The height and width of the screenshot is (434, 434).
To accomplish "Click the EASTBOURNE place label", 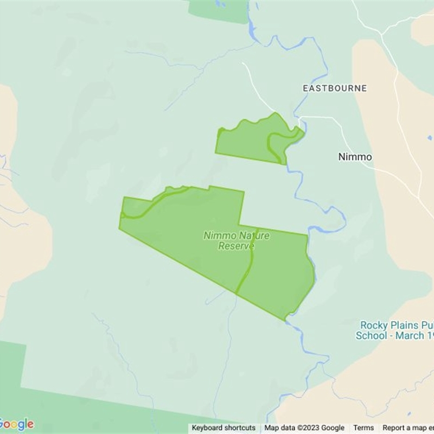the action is tap(334, 88).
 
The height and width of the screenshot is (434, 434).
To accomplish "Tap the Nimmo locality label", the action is tap(355, 157).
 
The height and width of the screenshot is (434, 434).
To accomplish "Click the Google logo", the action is tap(17, 424).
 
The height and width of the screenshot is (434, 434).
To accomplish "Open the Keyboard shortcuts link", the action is tap(224, 428).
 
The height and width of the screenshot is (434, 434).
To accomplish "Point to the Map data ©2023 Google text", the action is tap(304, 428).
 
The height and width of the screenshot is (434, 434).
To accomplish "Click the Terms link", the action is tap(363, 428).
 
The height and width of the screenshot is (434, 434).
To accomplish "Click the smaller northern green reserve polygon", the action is tap(244, 142).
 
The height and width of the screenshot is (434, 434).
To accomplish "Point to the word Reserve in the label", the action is tap(236, 246).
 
